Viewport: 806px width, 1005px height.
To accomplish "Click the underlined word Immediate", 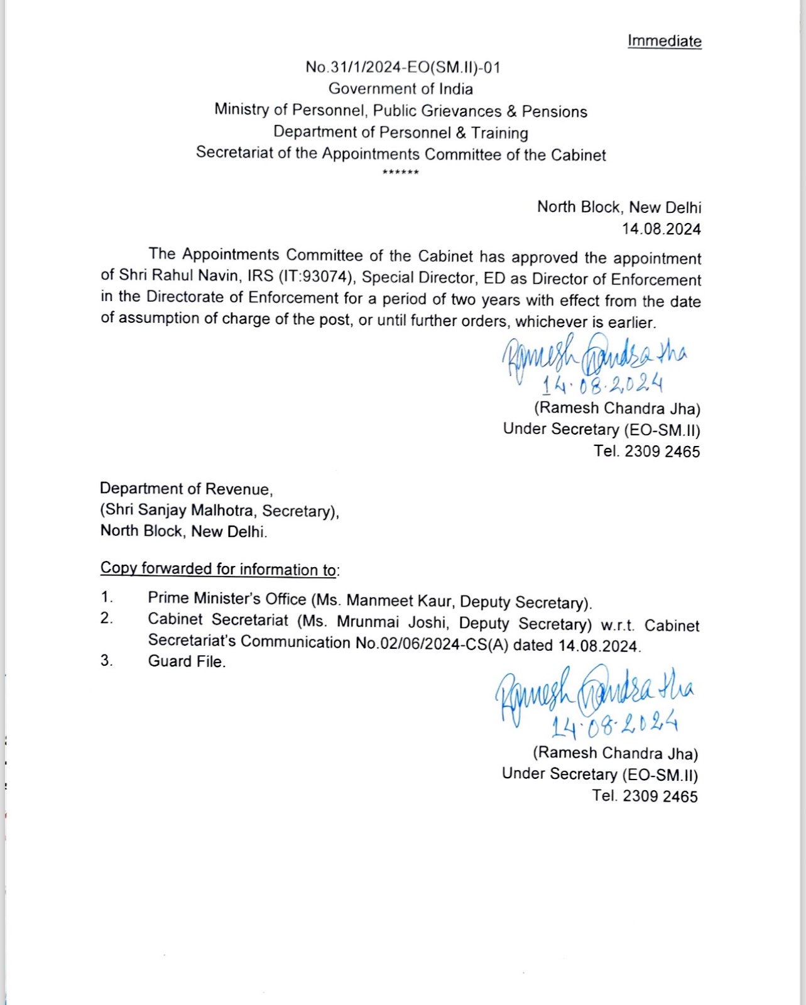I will click(x=664, y=41).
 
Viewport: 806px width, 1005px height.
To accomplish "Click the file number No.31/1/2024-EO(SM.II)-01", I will click(x=403, y=67).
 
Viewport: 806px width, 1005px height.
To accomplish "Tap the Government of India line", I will click(x=400, y=89).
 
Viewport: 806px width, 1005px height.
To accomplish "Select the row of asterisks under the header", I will click(x=400, y=172).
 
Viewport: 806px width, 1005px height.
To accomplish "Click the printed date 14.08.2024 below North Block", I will click(x=661, y=229).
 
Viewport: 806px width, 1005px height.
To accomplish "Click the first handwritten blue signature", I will click(x=594, y=356).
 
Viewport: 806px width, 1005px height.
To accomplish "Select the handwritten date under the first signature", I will click(x=602, y=383).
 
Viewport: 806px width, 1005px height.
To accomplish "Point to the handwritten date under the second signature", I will click(x=614, y=725).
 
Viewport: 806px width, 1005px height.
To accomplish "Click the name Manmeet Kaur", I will click(x=399, y=600).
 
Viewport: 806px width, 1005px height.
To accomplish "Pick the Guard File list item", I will click(x=186, y=661).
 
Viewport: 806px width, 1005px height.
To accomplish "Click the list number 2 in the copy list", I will click(x=107, y=619).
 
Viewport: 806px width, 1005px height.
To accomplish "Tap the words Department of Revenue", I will click(x=185, y=488).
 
